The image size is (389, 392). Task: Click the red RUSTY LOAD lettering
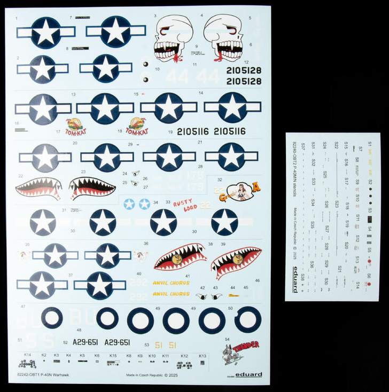185,205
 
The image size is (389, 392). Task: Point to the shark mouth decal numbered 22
38,187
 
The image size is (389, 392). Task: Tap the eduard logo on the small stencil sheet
295,280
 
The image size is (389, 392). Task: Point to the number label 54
227,339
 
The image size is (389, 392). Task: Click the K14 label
27,355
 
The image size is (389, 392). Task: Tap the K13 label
202,355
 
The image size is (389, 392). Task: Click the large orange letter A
256,186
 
